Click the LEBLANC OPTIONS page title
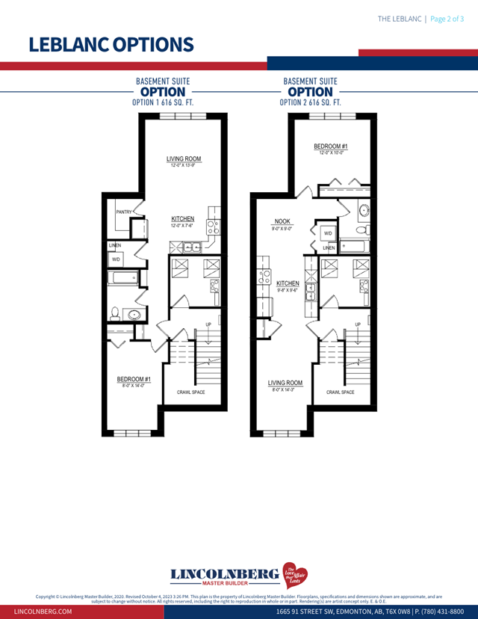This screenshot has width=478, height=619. (x=111, y=44)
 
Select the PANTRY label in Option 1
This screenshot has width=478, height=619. (x=123, y=212)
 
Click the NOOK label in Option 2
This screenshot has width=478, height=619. (x=282, y=222)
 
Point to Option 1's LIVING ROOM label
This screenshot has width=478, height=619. (x=183, y=159)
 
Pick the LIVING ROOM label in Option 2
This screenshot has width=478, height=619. (x=285, y=383)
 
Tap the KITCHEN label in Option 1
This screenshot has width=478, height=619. (x=183, y=219)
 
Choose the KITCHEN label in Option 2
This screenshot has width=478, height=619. (x=288, y=284)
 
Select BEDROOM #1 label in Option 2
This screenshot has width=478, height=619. (x=330, y=146)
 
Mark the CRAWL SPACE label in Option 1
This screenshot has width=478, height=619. (x=190, y=392)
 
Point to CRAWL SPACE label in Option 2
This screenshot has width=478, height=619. (x=340, y=392)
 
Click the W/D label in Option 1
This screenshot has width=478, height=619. (x=116, y=259)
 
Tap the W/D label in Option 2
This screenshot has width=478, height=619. (x=328, y=234)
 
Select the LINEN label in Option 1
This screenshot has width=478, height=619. (x=114, y=245)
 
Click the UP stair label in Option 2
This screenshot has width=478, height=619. (x=358, y=324)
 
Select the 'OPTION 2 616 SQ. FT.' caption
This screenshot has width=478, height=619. (x=310, y=102)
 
